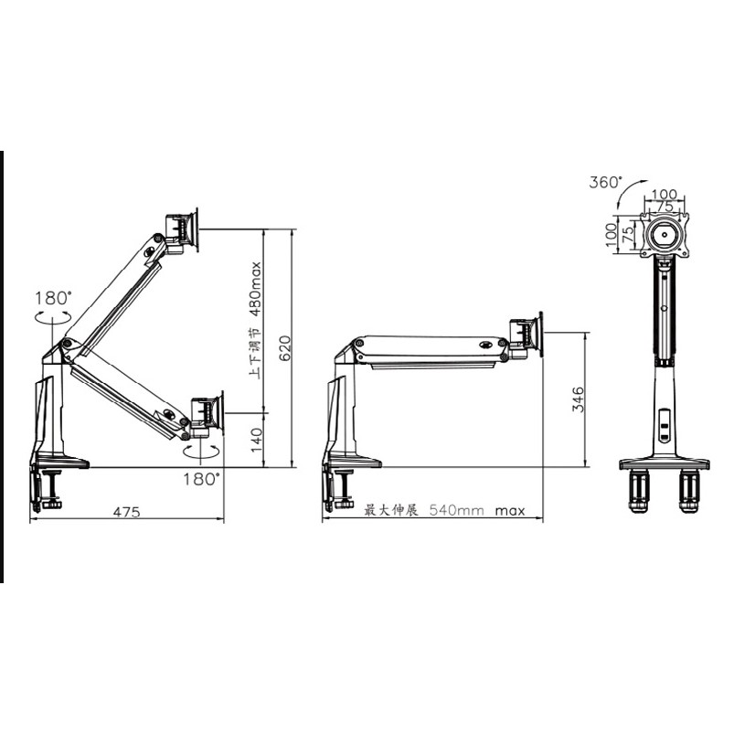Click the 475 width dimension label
[126, 512]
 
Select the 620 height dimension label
[285, 348]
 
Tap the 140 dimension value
[257, 440]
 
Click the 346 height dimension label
[579, 399]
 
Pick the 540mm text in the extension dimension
[457, 510]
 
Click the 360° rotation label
[606, 182]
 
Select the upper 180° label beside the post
[54, 298]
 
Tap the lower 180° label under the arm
[201, 479]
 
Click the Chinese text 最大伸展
[391, 510]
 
